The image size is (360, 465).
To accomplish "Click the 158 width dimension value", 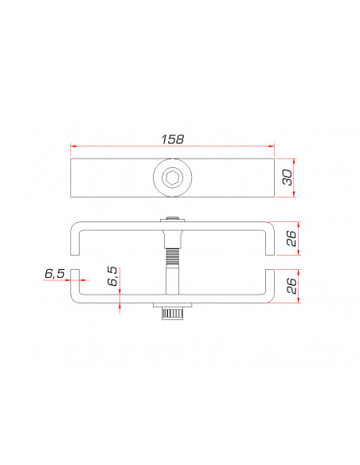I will [x=172, y=139].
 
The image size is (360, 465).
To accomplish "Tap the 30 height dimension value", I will [x=288, y=178].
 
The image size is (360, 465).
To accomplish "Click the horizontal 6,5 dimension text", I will [x=55, y=273].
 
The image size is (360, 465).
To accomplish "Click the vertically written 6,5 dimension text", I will [x=112, y=276].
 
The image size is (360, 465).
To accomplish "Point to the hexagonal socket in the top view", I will [x=172, y=178].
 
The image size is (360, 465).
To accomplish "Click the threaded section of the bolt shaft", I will [x=172, y=256].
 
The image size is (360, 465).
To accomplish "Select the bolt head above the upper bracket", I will [x=172, y=221].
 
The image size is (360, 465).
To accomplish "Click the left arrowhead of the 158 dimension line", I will [x=73, y=147].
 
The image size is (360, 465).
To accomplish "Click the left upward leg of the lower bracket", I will [x=74, y=287].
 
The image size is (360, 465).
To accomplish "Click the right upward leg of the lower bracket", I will [x=271, y=287].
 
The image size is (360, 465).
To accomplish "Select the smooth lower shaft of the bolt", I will [x=172, y=283].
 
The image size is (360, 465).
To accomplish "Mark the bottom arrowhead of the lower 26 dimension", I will [x=299, y=301].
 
